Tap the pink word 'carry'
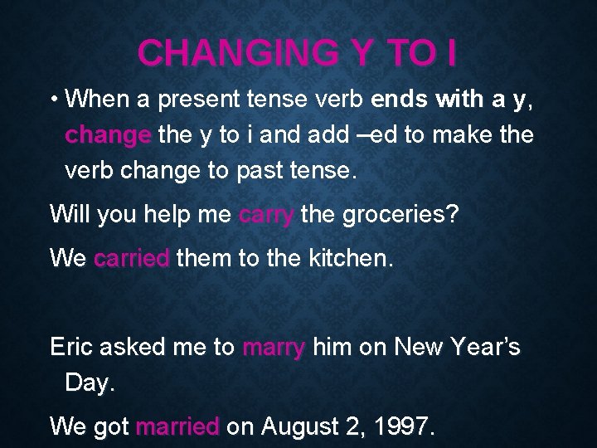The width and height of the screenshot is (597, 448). click(x=266, y=215)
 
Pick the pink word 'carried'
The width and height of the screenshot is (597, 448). click(x=132, y=258)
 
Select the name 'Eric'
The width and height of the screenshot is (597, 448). click(x=72, y=347)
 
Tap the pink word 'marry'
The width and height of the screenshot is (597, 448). click(x=274, y=347)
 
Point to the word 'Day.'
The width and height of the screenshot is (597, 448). click(x=87, y=382)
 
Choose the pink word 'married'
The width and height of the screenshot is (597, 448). click(x=177, y=426)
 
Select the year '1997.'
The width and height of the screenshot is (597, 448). click(x=403, y=426)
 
